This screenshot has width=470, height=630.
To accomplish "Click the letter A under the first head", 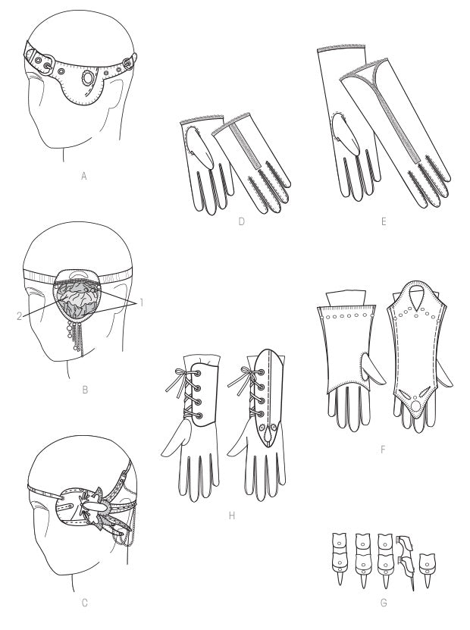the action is tap(84, 176).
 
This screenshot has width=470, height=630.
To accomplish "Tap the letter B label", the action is tap(85, 390).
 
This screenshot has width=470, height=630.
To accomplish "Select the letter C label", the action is tap(84, 603).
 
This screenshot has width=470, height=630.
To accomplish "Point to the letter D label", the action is tap(241, 221).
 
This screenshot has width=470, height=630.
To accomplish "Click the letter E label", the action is tap(384, 221).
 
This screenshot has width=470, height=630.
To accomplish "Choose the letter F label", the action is tap(382, 449).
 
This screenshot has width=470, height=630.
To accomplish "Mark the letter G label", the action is tap(384, 603).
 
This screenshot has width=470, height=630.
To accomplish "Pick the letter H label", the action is tap(231, 516).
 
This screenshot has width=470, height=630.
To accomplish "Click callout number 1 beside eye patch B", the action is tap(142, 302).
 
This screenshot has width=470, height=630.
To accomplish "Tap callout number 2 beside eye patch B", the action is tap(19, 316).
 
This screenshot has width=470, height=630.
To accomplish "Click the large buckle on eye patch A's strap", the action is tap(45, 64).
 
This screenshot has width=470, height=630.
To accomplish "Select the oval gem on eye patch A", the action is tap(86, 77).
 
